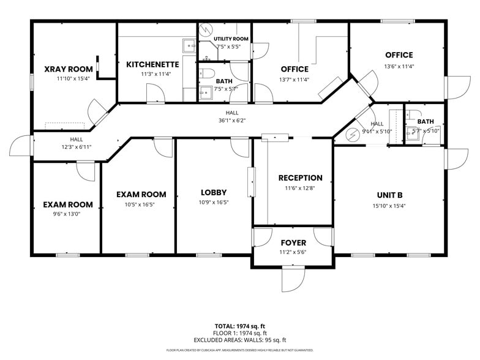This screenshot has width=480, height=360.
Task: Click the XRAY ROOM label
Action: coord(69,69)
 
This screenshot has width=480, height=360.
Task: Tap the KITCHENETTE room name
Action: coord(152,64)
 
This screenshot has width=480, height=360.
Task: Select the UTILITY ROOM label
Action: coord(231,39)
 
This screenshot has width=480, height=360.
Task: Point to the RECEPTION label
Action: coord(300,178)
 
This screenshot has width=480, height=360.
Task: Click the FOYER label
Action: coord(293,243)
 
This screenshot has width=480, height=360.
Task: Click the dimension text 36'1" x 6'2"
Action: coord(231,121)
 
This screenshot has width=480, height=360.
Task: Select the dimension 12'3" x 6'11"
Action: coord(76,148)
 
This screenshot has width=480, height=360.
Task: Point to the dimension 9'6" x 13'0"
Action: coord(67,214)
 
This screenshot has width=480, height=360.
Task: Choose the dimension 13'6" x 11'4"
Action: coord(399,66)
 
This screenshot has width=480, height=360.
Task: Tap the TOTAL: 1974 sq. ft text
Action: coord(239,326)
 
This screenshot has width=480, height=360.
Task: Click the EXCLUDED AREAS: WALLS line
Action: coord(239,340)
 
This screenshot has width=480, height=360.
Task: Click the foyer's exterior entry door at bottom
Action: coord(293,280)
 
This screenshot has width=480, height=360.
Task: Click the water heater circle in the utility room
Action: coord(206,29)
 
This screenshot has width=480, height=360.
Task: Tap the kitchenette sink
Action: coord(189,44)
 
